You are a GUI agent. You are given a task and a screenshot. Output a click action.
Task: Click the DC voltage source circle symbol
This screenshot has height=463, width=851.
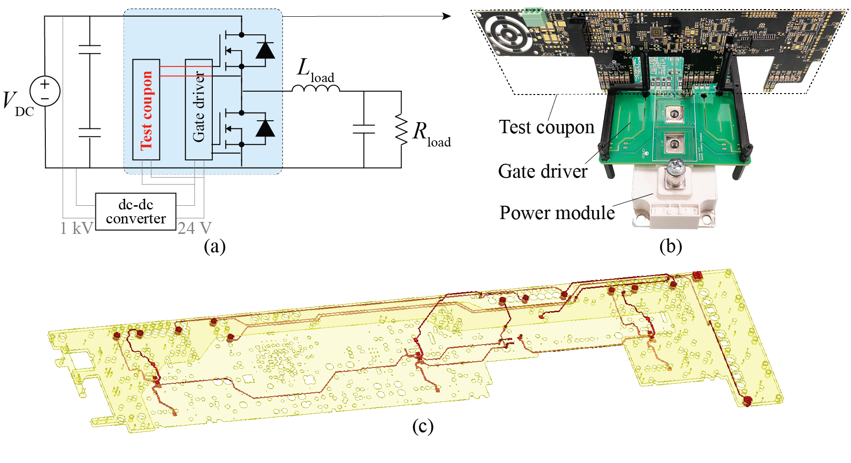click(45, 91)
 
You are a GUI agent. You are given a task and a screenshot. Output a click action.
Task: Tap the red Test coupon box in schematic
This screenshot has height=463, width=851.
click(146, 109)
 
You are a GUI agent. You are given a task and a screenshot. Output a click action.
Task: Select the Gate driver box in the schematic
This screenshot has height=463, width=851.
click(198, 109)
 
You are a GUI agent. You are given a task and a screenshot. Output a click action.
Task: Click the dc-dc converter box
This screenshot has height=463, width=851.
click(136, 211)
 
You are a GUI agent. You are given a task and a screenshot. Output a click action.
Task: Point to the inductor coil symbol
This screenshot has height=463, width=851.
click(316, 88)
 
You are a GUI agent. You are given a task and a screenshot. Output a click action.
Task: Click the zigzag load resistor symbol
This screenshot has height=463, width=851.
click(401, 130)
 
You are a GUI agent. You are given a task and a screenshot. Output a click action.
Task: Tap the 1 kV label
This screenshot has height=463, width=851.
click(76, 228)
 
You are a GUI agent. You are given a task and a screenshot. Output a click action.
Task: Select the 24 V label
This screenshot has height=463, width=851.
click(195, 228)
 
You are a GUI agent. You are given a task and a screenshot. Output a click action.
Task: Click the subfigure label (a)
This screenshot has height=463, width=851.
click(215, 246)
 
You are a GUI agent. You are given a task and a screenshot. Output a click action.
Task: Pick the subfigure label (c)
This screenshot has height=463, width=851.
click(423, 426)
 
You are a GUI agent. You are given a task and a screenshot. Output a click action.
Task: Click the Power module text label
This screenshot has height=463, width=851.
click(557, 213)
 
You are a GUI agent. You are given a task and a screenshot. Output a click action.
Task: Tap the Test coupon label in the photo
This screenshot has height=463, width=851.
click(547, 127)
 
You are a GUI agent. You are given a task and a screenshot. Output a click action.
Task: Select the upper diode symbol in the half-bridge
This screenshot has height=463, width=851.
click(265, 50)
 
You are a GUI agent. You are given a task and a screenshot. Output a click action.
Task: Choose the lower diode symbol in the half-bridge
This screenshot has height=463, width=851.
click(265, 128)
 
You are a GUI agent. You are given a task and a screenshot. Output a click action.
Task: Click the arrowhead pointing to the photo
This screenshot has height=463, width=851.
click(446, 16)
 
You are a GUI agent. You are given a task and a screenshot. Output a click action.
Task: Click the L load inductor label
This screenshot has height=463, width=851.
click(315, 70)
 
